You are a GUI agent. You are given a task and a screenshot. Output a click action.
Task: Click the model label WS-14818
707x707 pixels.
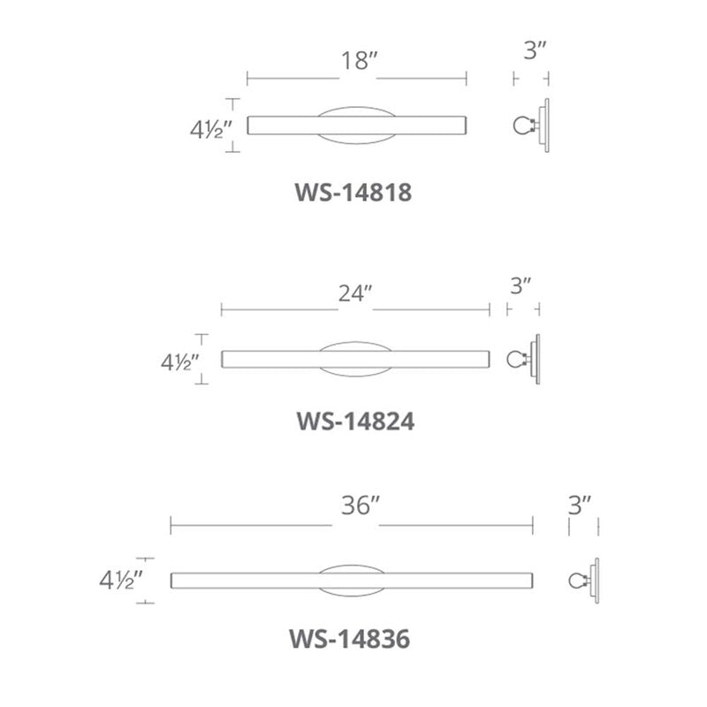pos(353,193)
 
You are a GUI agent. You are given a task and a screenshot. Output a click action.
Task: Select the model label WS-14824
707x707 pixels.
pos(355,422)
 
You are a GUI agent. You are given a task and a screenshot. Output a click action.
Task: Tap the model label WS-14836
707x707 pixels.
pos(349,639)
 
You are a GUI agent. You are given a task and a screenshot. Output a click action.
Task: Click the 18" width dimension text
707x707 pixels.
pos(359,60)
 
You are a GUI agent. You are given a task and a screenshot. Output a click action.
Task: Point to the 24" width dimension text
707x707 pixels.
pos(355,293)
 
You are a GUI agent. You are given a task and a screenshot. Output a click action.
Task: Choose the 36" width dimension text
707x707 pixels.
pos(361,506)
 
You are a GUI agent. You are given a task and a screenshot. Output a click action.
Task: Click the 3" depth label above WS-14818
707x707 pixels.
pos(536,50)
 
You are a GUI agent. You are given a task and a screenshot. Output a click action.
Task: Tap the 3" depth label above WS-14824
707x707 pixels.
pos(521,285)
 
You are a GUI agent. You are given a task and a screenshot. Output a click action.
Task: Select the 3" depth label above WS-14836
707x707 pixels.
pos(580,506)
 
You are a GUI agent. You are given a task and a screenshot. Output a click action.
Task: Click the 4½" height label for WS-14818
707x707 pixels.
pos(210,131)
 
